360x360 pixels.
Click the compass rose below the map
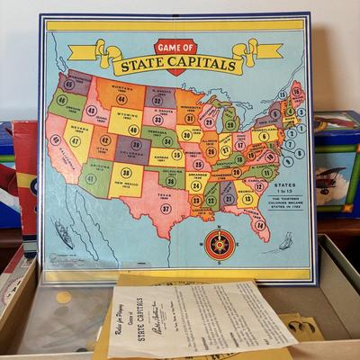219,242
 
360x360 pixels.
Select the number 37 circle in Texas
166,208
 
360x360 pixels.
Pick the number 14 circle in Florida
261,225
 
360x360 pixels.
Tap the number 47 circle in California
56,140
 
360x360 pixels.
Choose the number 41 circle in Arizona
90,179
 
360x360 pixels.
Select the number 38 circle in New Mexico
126,173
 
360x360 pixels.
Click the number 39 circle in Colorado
134,144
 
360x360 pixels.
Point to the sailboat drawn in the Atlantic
285,240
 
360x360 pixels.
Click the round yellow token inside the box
63,297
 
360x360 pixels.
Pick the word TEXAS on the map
163,193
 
